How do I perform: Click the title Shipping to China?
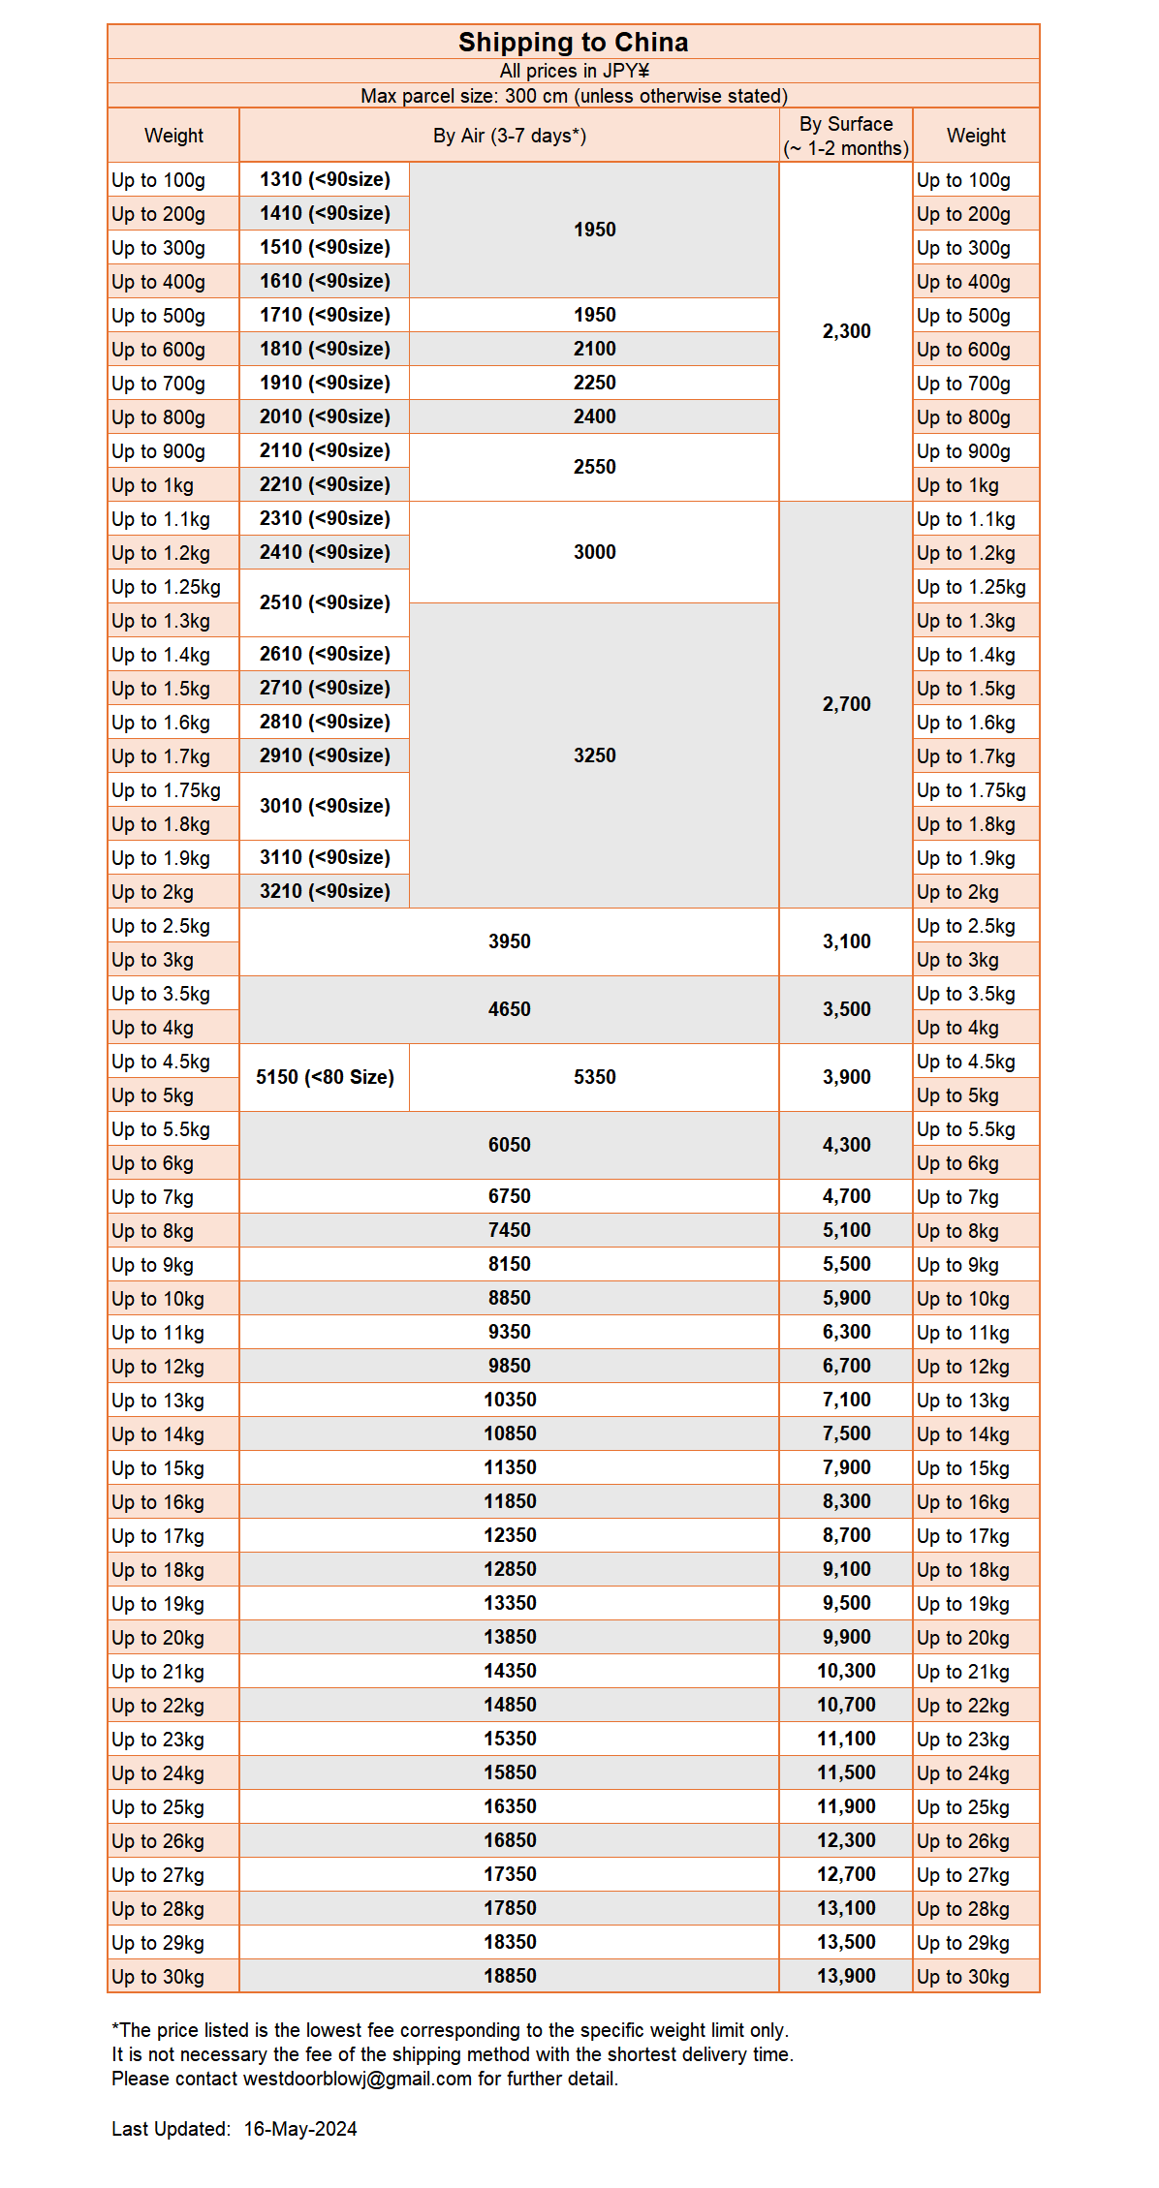(573, 43)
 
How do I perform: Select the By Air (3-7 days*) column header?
(509, 136)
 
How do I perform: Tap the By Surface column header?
(846, 136)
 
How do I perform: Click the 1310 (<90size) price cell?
(325, 179)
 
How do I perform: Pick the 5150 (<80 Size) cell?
(325, 1077)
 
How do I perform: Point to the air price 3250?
(594, 755)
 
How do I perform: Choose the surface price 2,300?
(846, 331)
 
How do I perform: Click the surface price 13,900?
(846, 1976)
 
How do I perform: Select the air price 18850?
(510, 1976)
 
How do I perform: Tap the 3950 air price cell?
(510, 941)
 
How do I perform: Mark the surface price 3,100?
(846, 941)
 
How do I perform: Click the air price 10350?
(510, 1400)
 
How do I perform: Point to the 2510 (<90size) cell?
(325, 602)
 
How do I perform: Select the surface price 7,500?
(846, 1433)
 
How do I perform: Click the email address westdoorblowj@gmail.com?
(358, 2079)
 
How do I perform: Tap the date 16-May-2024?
(300, 2129)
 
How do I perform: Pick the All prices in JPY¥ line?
(574, 71)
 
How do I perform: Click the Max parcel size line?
(574, 96)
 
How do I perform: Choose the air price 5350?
(594, 1077)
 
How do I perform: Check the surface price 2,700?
(846, 704)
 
